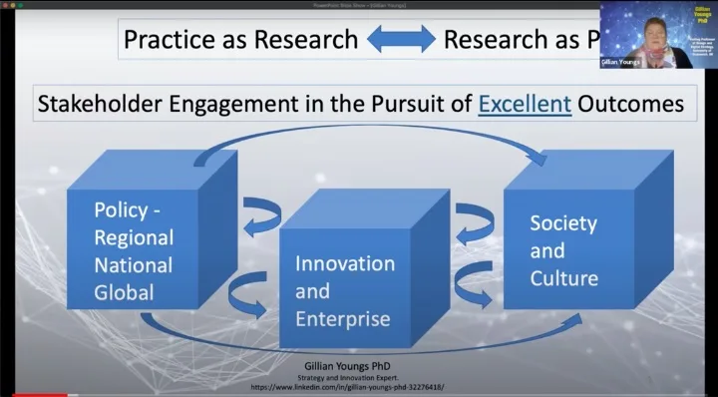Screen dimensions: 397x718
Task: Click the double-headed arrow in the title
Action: pos(400,39)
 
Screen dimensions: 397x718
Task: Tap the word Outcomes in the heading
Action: pos(629,103)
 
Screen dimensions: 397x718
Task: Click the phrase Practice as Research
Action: pos(239,39)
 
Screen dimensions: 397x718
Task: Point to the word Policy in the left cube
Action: pos(121,210)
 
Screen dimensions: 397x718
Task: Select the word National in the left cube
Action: pos(133,265)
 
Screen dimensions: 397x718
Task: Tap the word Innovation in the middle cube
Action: pos(345,264)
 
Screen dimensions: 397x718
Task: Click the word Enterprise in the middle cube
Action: pos(342,320)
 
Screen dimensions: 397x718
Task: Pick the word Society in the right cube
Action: pos(563,221)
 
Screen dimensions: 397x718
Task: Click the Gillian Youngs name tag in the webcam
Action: pos(619,61)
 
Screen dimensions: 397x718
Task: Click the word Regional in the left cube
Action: pos(134,237)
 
